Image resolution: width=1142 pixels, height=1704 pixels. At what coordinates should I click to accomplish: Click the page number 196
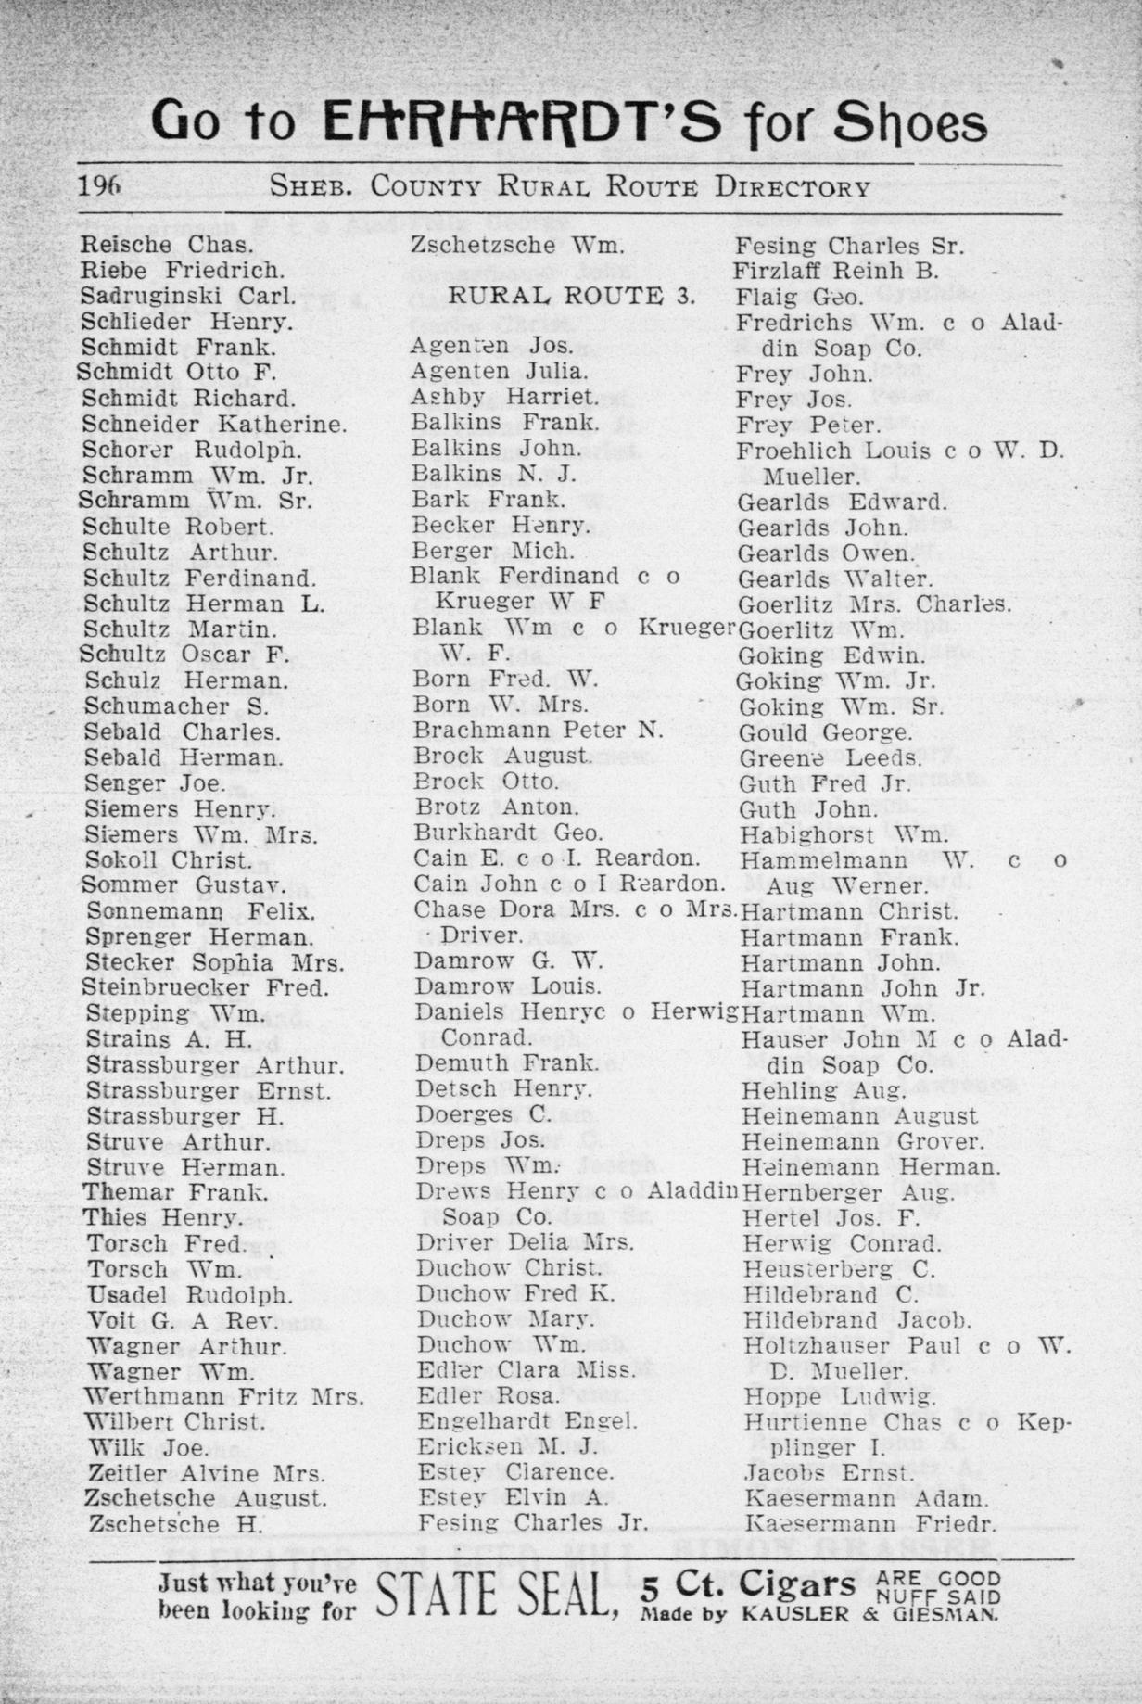(x=100, y=185)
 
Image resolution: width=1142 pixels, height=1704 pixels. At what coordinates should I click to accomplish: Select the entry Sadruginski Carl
(x=188, y=297)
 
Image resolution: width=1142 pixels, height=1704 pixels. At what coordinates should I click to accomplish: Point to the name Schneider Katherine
(x=214, y=425)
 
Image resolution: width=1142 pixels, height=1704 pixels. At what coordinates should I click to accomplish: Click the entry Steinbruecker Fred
(x=205, y=987)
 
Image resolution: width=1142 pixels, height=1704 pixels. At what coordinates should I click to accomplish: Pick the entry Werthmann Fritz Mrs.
(x=223, y=1396)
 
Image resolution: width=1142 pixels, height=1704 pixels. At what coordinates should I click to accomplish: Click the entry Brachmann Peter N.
(x=539, y=730)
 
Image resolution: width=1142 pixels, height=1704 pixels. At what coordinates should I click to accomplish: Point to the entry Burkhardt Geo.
(x=508, y=832)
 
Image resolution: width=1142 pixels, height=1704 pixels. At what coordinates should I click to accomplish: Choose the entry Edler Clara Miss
(x=526, y=1370)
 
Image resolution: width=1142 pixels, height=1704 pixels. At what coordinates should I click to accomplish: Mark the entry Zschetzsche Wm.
(x=516, y=247)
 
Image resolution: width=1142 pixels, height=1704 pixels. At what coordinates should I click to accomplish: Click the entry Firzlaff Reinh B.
(x=836, y=272)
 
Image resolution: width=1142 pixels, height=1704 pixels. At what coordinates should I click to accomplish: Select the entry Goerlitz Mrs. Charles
(x=874, y=604)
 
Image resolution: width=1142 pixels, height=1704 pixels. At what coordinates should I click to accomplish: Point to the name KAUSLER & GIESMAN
(x=869, y=1614)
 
